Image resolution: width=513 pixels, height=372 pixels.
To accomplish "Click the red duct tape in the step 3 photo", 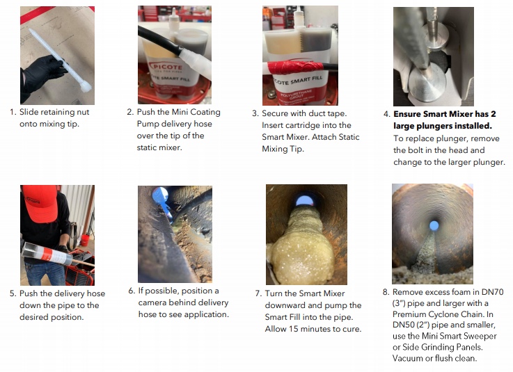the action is click(x=294, y=67).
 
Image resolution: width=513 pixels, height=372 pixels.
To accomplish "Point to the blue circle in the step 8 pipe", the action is click(x=434, y=225).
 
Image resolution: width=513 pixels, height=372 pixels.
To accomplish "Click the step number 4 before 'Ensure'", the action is click(x=386, y=115).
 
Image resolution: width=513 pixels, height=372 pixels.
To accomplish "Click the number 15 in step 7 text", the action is click(x=294, y=329).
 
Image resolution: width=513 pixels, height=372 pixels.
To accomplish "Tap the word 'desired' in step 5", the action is click(x=33, y=317).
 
